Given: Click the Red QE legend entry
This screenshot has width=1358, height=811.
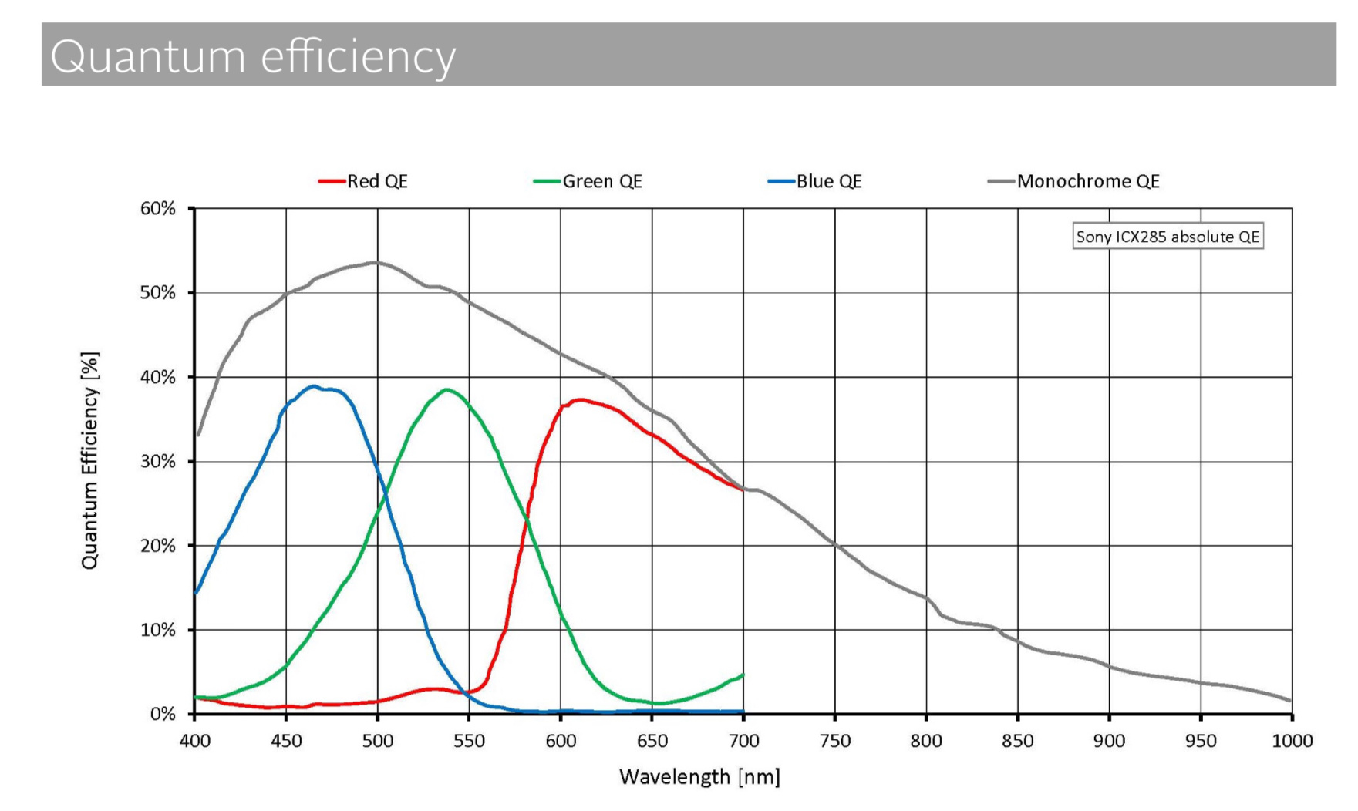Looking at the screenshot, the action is click(x=363, y=181).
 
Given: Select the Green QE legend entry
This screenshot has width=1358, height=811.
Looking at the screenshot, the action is click(x=588, y=181).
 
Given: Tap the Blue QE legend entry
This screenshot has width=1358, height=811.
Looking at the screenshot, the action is click(x=815, y=181).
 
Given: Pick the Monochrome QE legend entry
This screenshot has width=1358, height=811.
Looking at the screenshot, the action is click(x=1073, y=181).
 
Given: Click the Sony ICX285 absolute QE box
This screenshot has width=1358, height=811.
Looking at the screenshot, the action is click(x=1168, y=237).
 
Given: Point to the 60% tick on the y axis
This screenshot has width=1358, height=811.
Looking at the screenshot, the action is click(x=158, y=209).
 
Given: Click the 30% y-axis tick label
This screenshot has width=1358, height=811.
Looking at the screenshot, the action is click(x=158, y=462).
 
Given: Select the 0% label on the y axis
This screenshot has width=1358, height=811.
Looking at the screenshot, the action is click(x=163, y=715).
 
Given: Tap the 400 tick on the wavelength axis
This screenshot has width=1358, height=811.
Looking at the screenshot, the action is click(x=194, y=741).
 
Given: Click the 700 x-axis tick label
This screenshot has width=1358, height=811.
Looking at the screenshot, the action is click(x=743, y=741).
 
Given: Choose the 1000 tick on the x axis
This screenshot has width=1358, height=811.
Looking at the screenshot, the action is click(x=1292, y=741).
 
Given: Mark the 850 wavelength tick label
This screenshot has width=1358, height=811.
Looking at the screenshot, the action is click(x=1018, y=741).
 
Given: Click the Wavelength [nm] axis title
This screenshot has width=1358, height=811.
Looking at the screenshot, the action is click(x=699, y=777).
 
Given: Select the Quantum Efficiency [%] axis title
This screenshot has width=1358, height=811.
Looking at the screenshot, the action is click(x=90, y=461).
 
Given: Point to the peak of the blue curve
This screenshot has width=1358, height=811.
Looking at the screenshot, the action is click(x=313, y=386).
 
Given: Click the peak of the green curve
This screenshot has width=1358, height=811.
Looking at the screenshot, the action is click(x=446, y=389).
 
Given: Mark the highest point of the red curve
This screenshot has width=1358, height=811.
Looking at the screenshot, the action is click(x=580, y=399).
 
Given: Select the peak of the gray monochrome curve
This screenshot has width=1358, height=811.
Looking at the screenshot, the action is click(x=375, y=262).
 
